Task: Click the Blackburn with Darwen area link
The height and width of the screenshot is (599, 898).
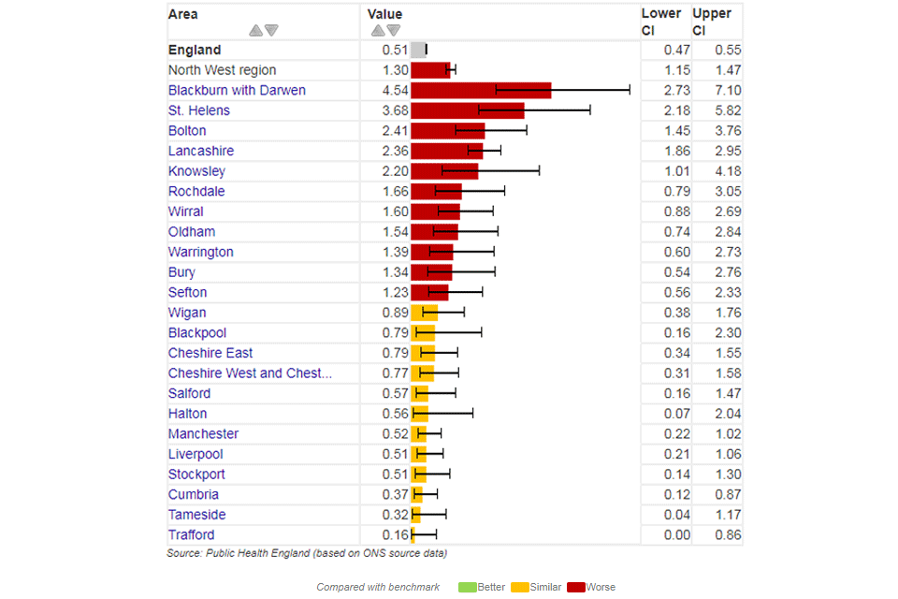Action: [237, 91]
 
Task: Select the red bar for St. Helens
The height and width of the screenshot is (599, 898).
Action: [467, 110]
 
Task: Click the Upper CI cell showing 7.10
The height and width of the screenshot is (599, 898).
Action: [726, 91]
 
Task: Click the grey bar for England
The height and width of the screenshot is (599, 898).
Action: [418, 50]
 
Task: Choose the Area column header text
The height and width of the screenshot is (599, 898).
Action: [183, 14]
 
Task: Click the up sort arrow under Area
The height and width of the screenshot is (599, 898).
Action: [255, 31]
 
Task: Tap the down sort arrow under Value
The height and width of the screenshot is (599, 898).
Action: [394, 31]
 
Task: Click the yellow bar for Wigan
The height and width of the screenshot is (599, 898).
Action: [424, 313]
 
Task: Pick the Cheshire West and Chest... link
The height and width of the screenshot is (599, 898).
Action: [250, 373]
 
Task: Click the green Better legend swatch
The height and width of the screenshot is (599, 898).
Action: [466, 587]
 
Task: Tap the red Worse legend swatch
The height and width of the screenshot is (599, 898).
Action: [574, 587]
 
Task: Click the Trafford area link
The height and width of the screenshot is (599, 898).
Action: [191, 535]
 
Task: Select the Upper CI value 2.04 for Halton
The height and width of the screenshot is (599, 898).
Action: [726, 414]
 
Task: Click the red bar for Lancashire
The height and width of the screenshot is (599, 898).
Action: [446, 151]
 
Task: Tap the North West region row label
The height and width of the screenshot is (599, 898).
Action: [222, 70]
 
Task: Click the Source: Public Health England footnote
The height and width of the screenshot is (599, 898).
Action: [307, 553]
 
